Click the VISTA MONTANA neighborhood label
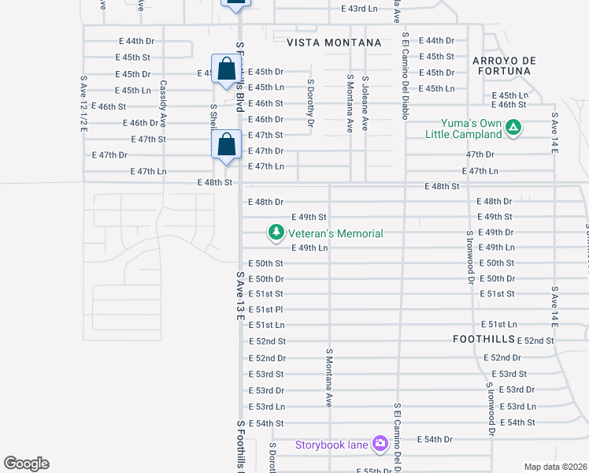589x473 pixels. [x=334, y=43]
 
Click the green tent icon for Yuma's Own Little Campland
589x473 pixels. [x=513, y=126]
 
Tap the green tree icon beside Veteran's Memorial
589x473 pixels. [x=276, y=233]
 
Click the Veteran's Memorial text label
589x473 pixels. [x=335, y=233]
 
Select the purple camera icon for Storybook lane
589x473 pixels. [x=380, y=445]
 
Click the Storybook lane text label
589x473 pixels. [x=332, y=445]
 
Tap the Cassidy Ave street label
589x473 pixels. [x=163, y=103]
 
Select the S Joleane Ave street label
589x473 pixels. [x=365, y=102]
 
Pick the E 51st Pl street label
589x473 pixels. [x=265, y=309]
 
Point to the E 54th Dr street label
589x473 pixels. [x=435, y=439]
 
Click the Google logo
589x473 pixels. [x=26, y=464]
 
